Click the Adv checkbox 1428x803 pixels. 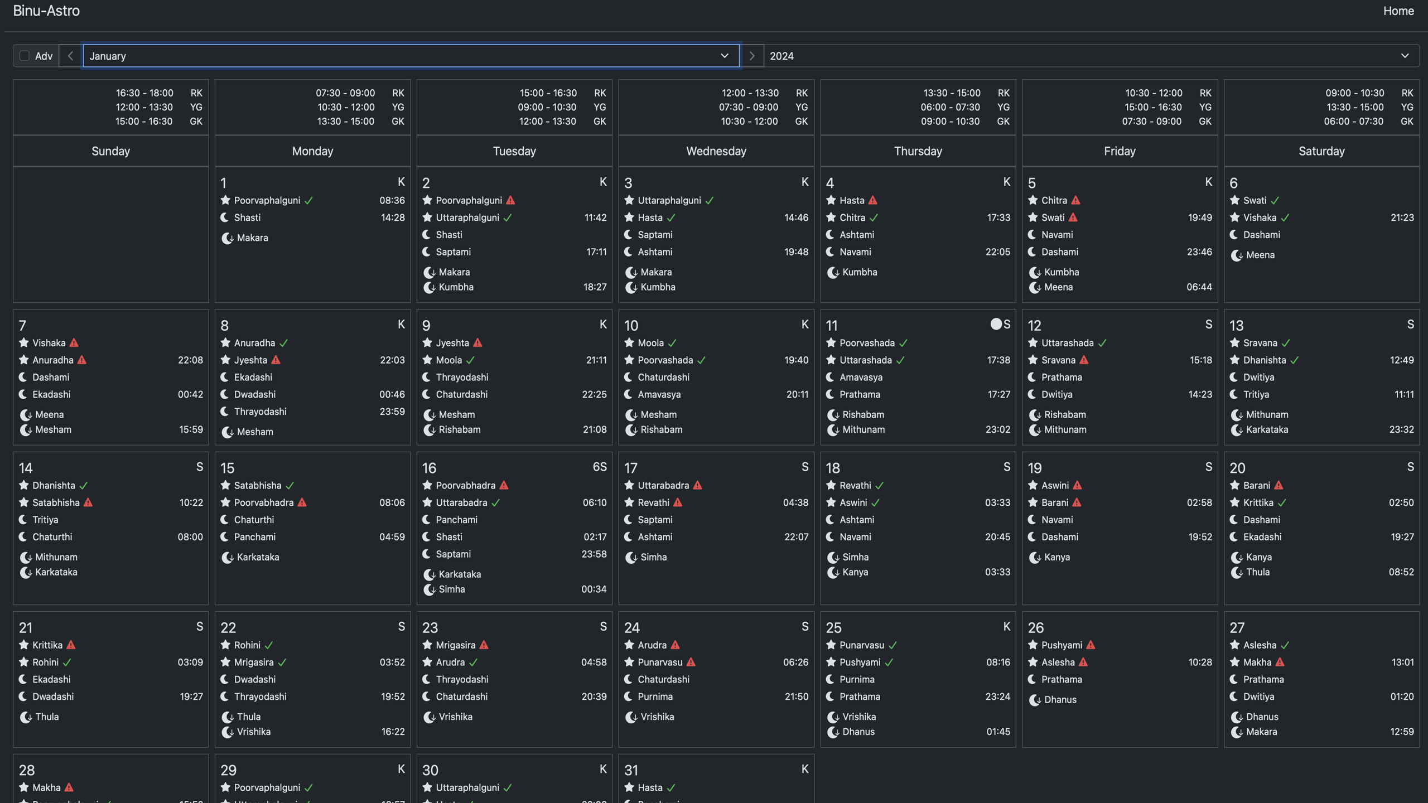[24, 56]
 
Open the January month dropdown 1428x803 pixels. [411, 56]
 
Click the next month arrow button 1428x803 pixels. [751, 56]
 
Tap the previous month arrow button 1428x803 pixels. [70, 56]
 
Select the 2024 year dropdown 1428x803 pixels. [1091, 56]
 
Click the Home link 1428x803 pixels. [1398, 11]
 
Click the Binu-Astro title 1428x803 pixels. [46, 11]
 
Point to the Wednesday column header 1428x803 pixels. [716, 151]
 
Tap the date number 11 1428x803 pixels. [831, 326]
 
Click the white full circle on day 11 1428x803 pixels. [996, 324]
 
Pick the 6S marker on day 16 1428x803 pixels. [599, 467]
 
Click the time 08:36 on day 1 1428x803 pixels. [392, 200]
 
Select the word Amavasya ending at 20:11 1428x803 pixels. [659, 394]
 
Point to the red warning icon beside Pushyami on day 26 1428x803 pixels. [1091, 645]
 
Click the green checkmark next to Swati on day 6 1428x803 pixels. [1275, 200]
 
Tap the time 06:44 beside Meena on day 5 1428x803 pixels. [1199, 287]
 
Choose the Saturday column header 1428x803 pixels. [1321, 151]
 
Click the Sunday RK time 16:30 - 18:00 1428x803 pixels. [144, 93]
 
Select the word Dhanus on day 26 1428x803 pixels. [1060, 700]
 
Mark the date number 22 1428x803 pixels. [228, 628]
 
